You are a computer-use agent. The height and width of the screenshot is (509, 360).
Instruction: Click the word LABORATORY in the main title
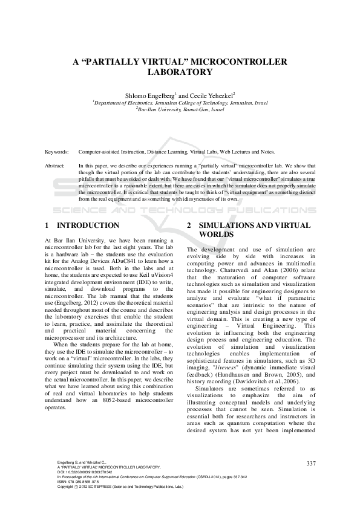click(x=180, y=72)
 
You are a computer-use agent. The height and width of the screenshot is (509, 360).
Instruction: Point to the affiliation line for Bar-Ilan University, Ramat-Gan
click(x=180, y=111)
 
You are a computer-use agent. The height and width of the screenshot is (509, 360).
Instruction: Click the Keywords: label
click(x=57, y=152)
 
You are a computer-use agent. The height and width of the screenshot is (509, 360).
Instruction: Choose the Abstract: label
click(x=56, y=164)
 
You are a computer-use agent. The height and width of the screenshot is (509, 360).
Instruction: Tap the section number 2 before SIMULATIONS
click(x=189, y=225)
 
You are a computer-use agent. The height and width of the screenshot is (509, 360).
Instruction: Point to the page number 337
click(x=311, y=463)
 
